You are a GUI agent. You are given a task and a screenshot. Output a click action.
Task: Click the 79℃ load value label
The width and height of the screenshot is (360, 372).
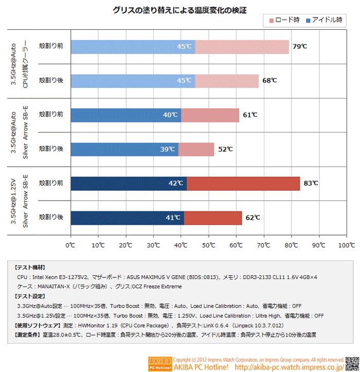(x=299, y=47)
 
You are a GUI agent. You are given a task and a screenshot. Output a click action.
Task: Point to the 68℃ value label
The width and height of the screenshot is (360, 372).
(x=269, y=81)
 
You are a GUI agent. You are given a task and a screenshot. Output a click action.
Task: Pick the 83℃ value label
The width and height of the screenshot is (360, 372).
(x=311, y=183)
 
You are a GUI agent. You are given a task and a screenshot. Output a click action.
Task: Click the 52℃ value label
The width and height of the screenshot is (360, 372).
(x=225, y=149)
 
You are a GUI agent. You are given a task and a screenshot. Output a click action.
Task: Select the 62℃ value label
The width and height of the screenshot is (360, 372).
(x=253, y=218)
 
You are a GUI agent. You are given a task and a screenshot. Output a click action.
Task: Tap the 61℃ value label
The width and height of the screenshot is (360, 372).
(x=250, y=115)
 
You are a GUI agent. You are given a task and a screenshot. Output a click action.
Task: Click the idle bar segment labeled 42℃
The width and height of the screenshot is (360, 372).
(x=128, y=183)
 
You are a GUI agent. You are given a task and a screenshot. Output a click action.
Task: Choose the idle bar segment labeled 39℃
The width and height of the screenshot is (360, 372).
(x=124, y=149)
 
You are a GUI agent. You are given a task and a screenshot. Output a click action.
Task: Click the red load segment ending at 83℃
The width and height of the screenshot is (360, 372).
(x=243, y=183)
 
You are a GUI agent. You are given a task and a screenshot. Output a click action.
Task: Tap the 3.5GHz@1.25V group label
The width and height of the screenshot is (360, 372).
(x=13, y=201)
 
